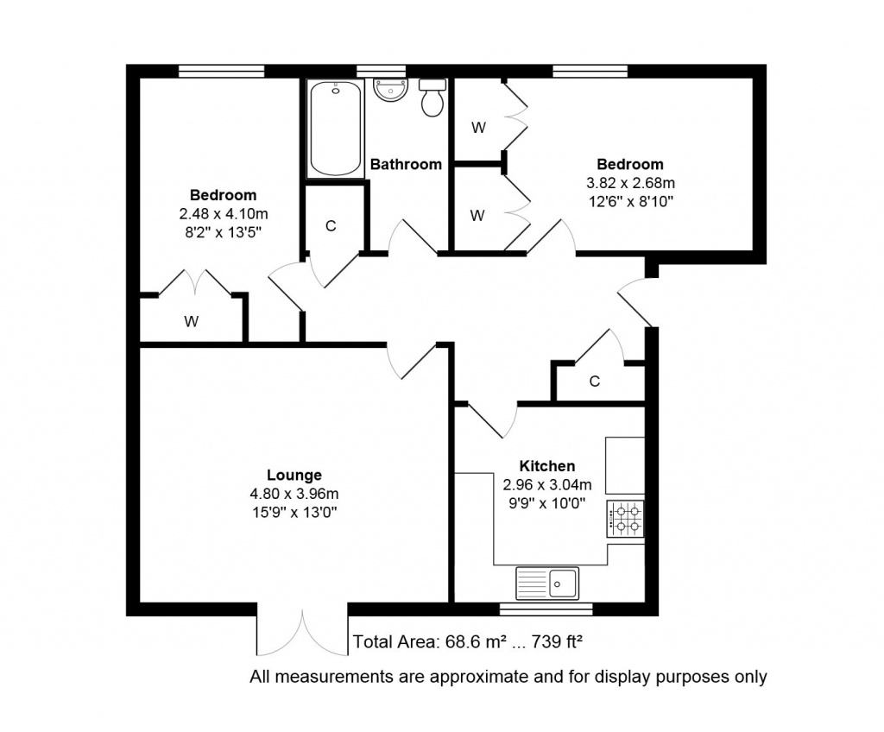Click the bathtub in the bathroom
tap(336, 129)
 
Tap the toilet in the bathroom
tap(433, 98)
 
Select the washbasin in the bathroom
tap(390, 91)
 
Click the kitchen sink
tap(546, 584)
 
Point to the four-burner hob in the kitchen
tap(625, 519)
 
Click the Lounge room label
tap(294, 475)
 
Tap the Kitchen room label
tap(546, 466)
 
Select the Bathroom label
tap(406, 164)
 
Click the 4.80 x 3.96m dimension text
tap(294, 494)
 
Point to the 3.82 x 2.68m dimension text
tap(630, 183)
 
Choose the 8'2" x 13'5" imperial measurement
tap(224, 232)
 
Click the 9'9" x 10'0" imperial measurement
tap(546, 503)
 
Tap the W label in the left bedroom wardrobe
tap(191, 321)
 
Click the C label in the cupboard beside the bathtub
tap(331, 226)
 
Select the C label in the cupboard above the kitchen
tap(594, 382)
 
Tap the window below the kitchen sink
tap(546, 609)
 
